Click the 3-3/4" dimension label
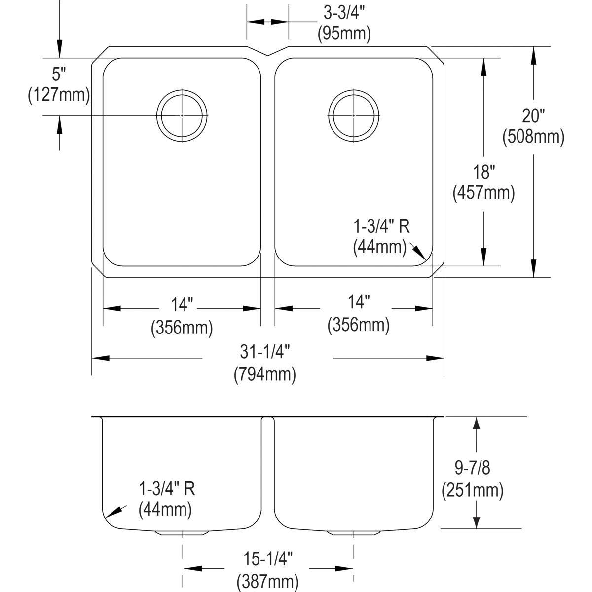(344, 13)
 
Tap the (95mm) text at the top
(344, 34)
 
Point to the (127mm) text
(59, 95)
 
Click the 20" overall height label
(533, 116)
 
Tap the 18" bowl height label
(484, 172)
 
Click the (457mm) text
(484, 193)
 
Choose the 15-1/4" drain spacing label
(268, 558)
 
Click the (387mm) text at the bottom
(267, 581)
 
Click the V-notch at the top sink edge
(267, 56)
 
